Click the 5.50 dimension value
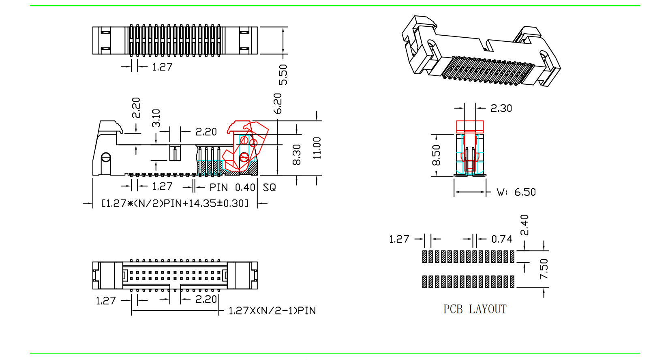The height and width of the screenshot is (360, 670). [283, 75]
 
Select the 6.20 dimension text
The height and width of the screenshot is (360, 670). [277, 103]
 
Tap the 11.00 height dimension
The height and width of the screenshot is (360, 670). [317, 148]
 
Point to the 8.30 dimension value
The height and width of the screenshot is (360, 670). [297, 154]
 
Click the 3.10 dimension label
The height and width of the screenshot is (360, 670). [156, 118]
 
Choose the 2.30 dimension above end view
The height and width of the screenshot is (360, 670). [501, 108]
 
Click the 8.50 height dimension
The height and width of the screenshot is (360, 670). [436, 155]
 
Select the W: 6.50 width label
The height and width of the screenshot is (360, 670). [516, 192]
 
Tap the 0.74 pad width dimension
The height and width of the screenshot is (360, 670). [502, 239]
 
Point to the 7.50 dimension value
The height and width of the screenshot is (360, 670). [544, 269]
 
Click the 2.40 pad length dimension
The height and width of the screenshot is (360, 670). [524, 225]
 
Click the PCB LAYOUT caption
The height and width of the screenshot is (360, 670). [475, 309]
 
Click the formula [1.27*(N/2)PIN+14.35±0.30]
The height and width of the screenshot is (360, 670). [175, 203]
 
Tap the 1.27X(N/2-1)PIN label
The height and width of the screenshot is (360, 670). [272, 311]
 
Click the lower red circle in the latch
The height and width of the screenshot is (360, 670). [244, 157]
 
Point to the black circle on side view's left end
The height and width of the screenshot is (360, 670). [106, 157]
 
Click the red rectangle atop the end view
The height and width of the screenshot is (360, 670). [470, 127]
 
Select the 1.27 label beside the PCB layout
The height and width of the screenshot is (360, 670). [399, 239]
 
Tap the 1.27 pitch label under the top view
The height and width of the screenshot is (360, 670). [162, 67]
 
